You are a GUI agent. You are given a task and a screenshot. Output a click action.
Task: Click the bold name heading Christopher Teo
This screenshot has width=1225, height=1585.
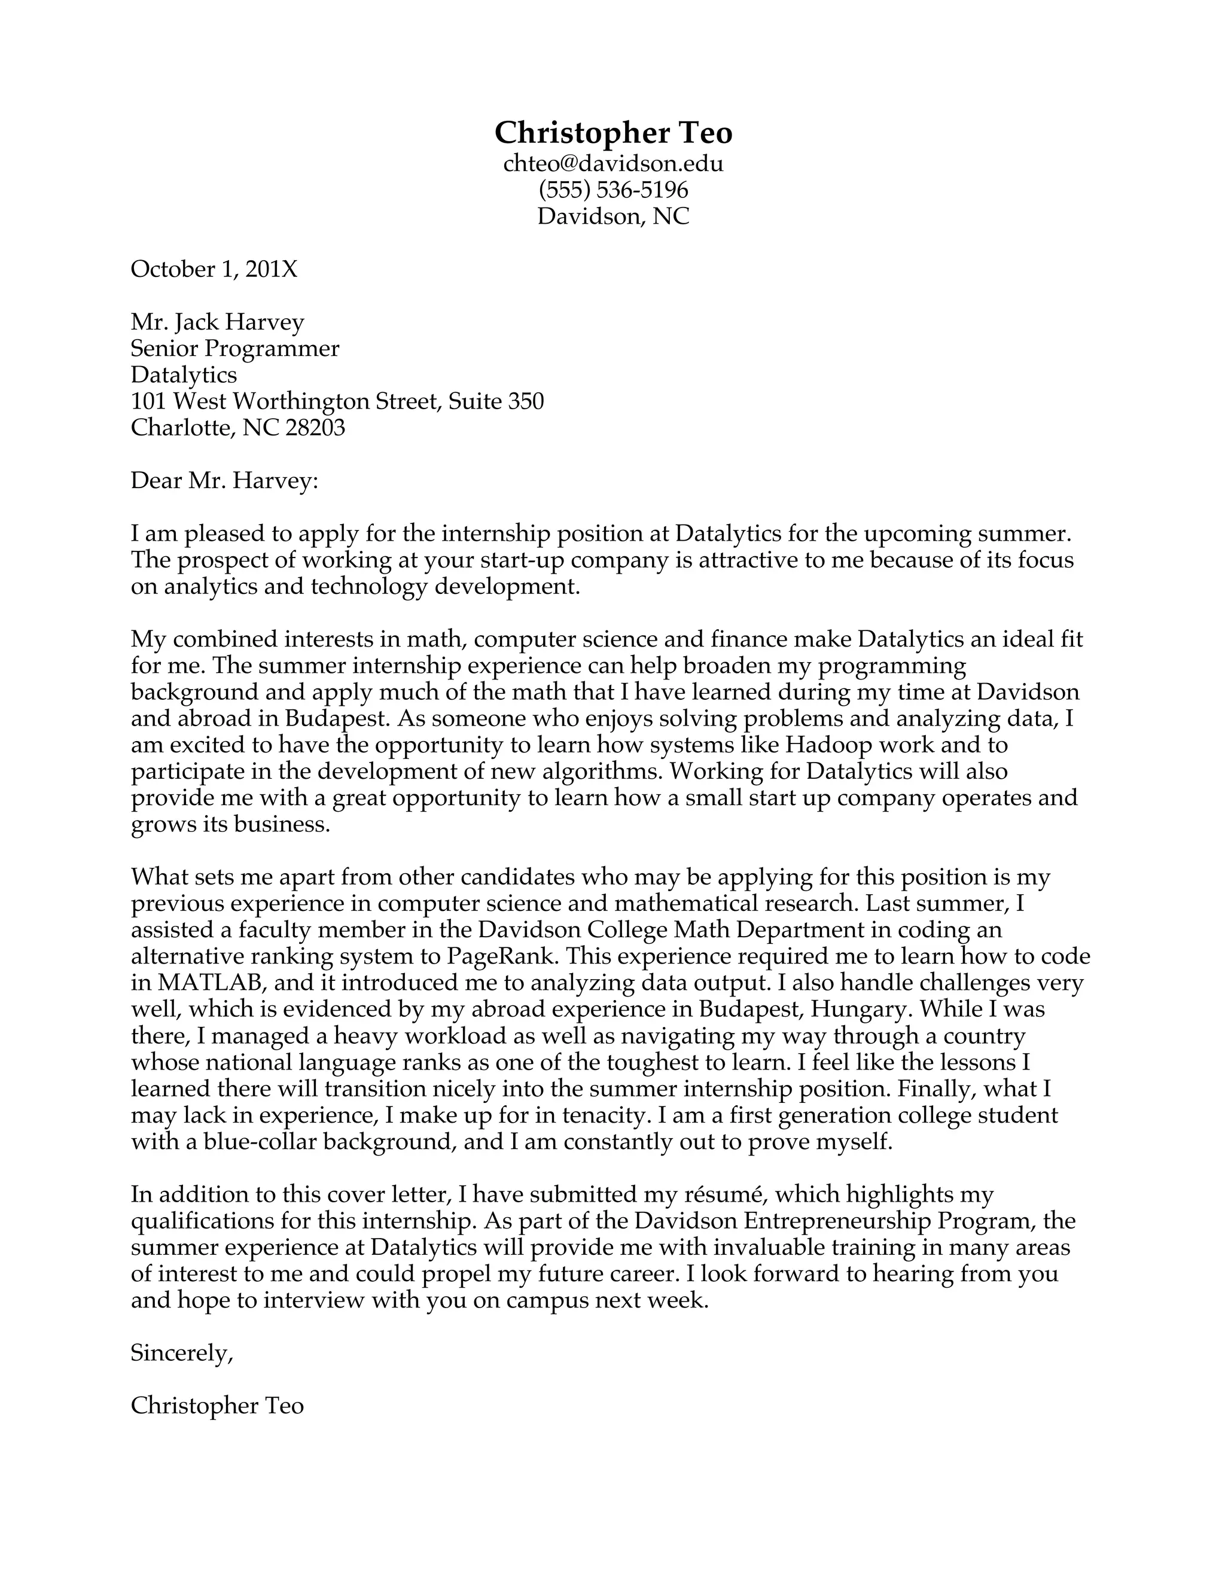pos(613,133)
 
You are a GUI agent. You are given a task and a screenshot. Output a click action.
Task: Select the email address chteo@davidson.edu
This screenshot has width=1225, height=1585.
pos(613,163)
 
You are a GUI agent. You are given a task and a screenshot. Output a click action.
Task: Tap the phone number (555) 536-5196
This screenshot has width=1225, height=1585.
pos(613,190)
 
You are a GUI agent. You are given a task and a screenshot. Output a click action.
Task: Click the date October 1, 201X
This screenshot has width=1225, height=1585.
pos(214,269)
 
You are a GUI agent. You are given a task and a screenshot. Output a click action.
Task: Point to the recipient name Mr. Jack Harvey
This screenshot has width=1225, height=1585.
pos(217,322)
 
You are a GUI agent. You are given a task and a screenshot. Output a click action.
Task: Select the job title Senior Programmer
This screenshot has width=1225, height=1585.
pos(234,348)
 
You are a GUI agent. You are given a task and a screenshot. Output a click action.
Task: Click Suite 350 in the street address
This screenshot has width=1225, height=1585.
pos(496,401)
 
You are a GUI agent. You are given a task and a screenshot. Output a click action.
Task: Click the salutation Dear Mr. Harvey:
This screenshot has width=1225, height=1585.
pos(224,480)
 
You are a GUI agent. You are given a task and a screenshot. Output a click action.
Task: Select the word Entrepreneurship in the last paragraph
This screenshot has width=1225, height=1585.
pos(837,1221)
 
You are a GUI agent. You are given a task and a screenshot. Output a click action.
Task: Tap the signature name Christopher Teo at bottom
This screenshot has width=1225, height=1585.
pos(217,1406)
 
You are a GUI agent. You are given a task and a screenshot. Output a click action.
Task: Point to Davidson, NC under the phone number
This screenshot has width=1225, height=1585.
pos(613,217)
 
